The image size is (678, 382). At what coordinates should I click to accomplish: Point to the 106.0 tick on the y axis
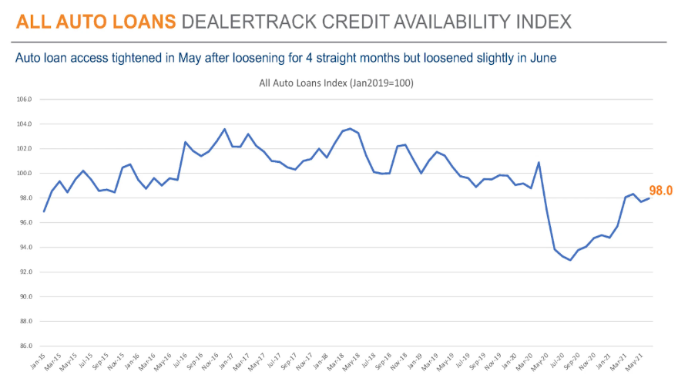pyautogui.click(x=25, y=100)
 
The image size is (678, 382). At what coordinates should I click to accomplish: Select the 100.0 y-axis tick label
pyautogui.click(x=25, y=174)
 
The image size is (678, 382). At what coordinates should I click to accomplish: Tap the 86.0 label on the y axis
pyautogui.click(x=25, y=346)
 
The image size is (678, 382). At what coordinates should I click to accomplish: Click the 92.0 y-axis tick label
pyautogui.click(x=25, y=272)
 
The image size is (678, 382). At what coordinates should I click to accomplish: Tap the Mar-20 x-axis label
pyautogui.click(x=525, y=361)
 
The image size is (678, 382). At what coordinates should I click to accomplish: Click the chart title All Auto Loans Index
pyautogui.click(x=337, y=83)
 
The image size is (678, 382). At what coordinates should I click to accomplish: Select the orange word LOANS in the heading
pyautogui.click(x=136, y=22)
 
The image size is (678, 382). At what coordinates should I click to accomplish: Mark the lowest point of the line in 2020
pyautogui.click(x=571, y=260)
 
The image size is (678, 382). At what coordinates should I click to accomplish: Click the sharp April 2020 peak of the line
pyautogui.click(x=539, y=162)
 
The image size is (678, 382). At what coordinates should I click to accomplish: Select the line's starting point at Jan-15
pyautogui.click(x=44, y=211)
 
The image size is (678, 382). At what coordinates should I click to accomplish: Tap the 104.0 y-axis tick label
pyautogui.click(x=25, y=124)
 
